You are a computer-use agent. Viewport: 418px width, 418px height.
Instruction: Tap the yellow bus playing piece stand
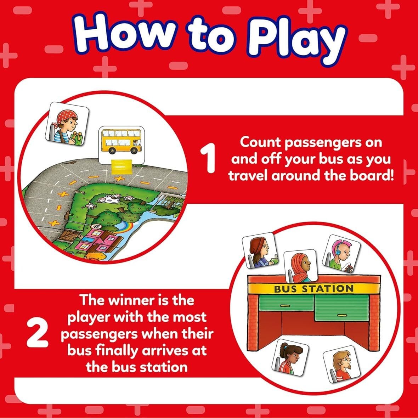click(121, 166)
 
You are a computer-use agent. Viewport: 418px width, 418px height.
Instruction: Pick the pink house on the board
click(94, 241)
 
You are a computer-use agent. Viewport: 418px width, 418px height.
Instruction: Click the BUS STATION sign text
click(313, 289)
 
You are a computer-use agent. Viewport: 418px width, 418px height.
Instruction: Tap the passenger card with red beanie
click(260, 250)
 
